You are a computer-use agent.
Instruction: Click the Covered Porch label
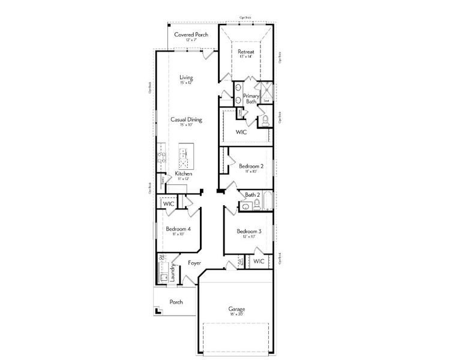tap(191, 35)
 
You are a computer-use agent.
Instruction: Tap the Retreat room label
tap(246, 52)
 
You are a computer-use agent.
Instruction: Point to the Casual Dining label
tap(186, 119)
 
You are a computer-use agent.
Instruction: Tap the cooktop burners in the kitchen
tap(161, 157)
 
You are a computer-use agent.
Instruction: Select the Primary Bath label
tap(251, 98)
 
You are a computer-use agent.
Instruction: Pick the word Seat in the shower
tap(267, 100)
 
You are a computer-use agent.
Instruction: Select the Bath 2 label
tap(252, 194)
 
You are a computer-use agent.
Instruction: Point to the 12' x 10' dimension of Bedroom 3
tap(248, 237)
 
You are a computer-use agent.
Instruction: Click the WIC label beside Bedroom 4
tap(168, 204)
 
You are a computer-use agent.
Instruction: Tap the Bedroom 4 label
tap(178, 229)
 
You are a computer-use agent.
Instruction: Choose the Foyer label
tap(194, 263)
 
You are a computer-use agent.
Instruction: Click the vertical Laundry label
tap(172, 273)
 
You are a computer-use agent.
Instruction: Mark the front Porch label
tap(175, 302)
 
